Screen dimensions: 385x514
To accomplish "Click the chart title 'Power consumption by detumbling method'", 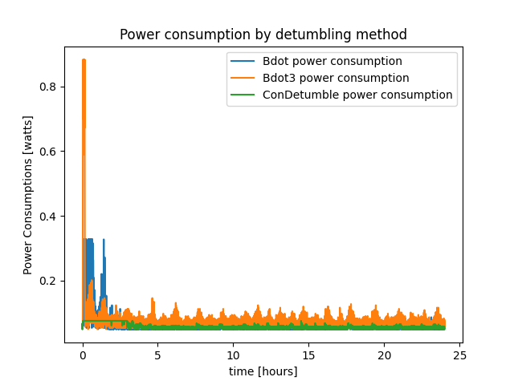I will [263, 34].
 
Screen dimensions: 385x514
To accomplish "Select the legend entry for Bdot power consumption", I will [332, 61].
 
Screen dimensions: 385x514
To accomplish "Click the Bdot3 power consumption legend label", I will [336, 78].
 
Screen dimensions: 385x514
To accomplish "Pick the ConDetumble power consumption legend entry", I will [357, 95].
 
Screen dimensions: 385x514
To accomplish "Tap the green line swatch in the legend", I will [243, 95].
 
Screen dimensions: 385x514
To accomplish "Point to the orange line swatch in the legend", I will [243, 78].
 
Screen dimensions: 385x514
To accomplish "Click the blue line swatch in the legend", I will [243, 61].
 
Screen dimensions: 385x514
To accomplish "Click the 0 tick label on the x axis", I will [83, 355].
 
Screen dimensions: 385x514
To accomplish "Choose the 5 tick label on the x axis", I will [158, 355].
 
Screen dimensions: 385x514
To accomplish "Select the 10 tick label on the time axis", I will [233, 355].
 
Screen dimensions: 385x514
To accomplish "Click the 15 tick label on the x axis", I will [308, 355].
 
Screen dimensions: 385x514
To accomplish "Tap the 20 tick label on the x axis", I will [384, 355].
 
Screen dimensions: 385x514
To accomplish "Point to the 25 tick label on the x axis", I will [459, 355].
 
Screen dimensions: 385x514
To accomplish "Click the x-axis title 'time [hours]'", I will [263, 371].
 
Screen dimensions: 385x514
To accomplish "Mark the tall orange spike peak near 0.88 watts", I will [84, 60].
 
